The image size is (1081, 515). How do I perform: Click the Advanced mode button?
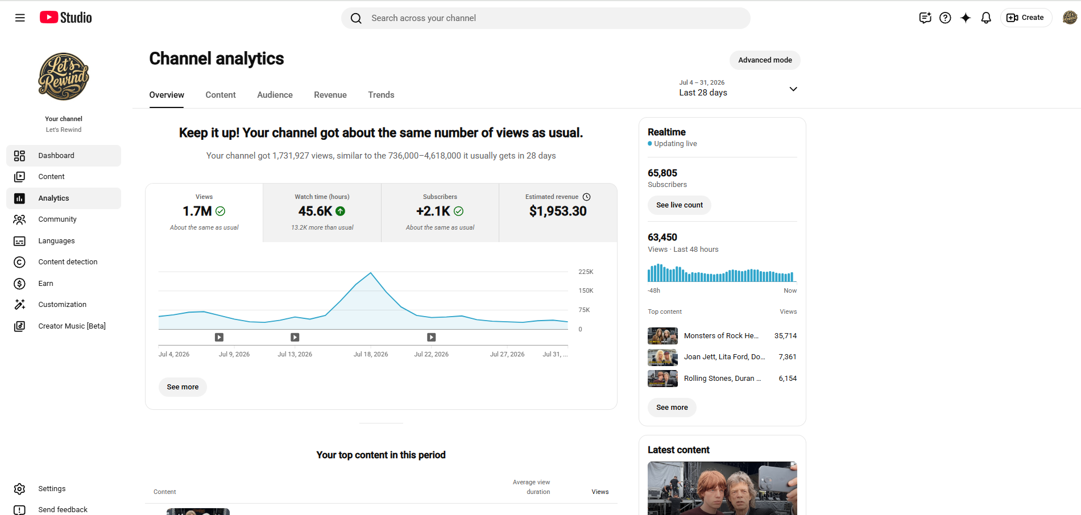(x=765, y=60)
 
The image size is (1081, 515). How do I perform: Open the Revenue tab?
(x=330, y=95)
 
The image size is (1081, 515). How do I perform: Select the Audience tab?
(x=275, y=95)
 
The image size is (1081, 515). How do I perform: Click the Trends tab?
(x=381, y=95)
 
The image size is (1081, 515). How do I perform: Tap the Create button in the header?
(x=1026, y=18)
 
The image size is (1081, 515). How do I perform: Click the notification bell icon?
(x=986, y=18)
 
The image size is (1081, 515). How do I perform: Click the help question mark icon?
(x=945, y=18)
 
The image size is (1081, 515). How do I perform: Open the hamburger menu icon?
(x=20, y=18)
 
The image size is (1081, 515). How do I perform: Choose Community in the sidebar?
(x=57, y=219)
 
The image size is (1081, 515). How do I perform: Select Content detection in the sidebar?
(x=68, y=262)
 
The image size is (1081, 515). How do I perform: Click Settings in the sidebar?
(x=52, y=489)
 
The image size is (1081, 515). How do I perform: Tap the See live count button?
(x=680, y=205)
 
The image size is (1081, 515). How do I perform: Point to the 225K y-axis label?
(x=586, y=272)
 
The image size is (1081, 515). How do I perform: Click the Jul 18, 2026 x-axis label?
(x=371, y=354)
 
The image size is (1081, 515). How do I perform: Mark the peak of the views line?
(x=371, y=273)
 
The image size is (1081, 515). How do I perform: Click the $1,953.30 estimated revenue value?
(x=558, y=211)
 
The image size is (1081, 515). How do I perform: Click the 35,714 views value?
(x=785, y=336)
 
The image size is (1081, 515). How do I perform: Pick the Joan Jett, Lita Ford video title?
(x=724, y=357)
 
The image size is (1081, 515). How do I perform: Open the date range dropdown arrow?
(x=793, y=89)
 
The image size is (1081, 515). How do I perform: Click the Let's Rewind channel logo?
(x=64, y=77)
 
